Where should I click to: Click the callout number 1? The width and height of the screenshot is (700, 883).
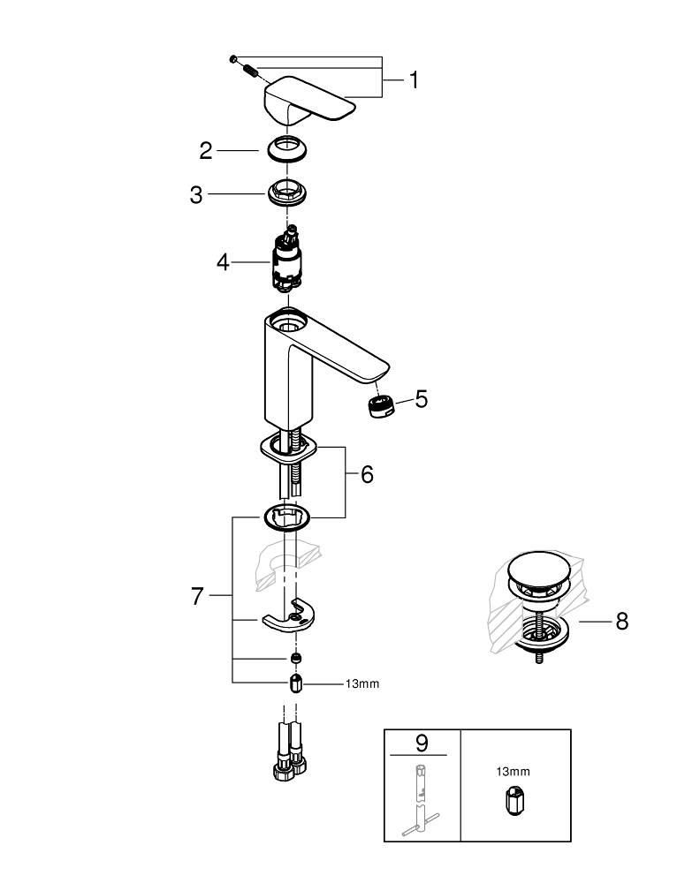pyautogui.click(x=413, y=80)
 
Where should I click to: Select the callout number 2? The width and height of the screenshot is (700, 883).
pyautogui.click(x=206, y=151)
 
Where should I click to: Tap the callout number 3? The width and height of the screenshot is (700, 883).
pyautogui.click(x=196, y=194)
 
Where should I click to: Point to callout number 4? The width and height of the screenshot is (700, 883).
pyautogui.click(x=223, y=262)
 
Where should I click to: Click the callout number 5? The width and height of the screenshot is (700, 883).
pyautogui.click(x=421, y=399)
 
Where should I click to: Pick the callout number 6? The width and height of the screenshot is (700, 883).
pyautogui.click(x=366, y=475)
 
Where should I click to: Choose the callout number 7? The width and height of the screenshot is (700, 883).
pyautogui.click(x=197, y=597)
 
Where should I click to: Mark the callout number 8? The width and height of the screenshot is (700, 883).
pyautogui.click(x=621, y=622)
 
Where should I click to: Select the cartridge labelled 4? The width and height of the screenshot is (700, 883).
pyautogui.click(x=286, y=260)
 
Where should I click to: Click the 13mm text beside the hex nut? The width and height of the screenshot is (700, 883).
pyautogui.click(x=362, y=683)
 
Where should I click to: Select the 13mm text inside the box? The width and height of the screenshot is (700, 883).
pyautogui.click(x=513, y=771)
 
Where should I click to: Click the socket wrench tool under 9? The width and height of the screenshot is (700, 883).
pyautogui.click(x=421, y=795)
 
